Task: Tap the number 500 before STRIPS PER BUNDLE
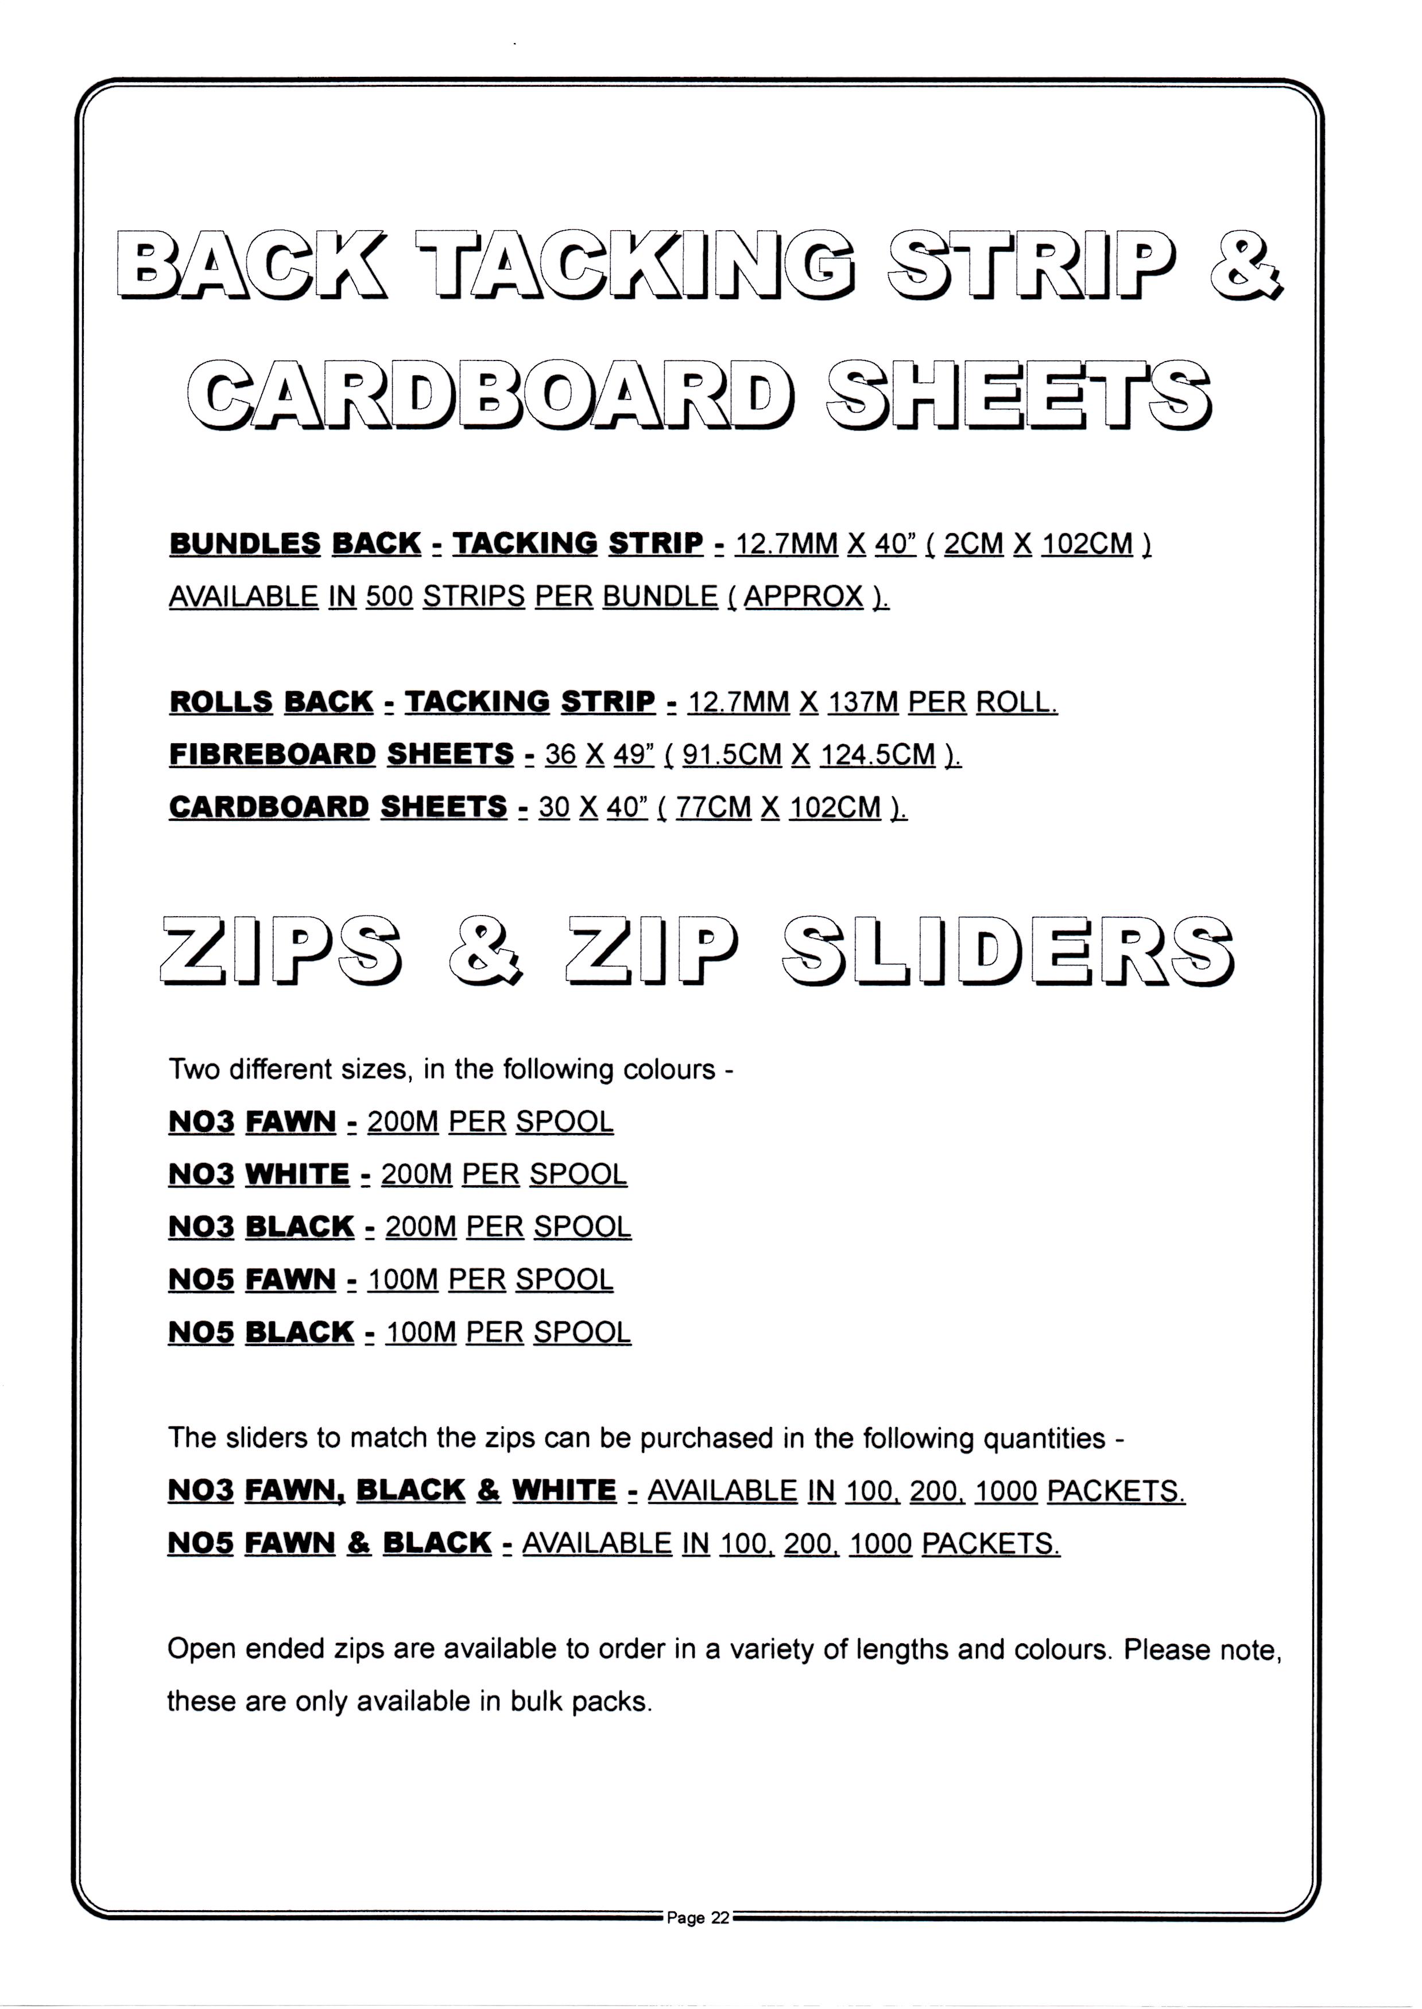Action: [x=389, y=596]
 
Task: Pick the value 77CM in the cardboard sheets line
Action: [x=714, y=806]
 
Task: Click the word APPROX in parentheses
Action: [x=803, y=596]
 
